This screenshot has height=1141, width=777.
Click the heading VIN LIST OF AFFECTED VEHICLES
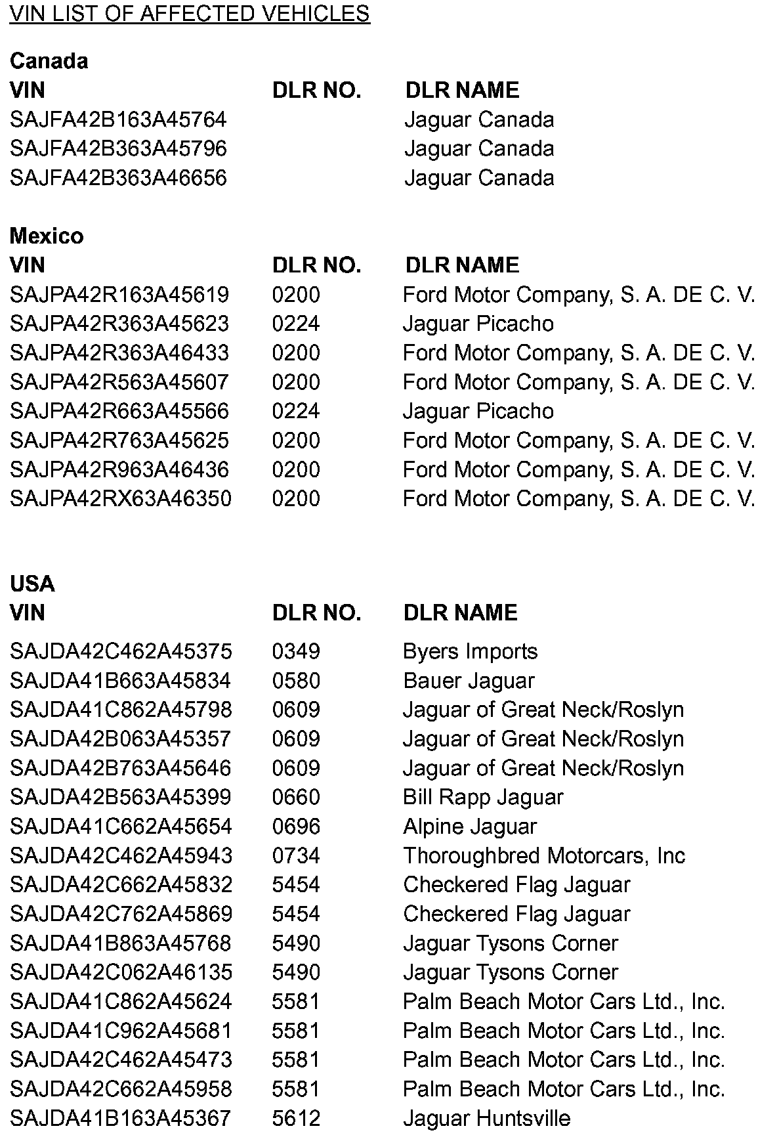click(190, 14)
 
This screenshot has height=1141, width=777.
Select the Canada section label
click(49, 61)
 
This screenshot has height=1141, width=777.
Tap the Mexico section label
click(47, 236)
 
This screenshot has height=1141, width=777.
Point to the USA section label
click(32, 584)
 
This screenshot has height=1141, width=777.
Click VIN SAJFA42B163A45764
click(118, 119)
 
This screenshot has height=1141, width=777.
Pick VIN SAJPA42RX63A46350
click(121, 498)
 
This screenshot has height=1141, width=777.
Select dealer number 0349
click(296, 651)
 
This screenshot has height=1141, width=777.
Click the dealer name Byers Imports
click(470, 651)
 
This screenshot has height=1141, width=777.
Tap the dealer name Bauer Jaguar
click(469, 681)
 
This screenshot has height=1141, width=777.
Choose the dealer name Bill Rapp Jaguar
click(483, 797)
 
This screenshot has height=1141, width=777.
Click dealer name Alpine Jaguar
click(470, 827)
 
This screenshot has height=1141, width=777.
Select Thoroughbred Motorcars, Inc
click(544, 855)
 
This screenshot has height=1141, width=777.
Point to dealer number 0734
click(296, 855)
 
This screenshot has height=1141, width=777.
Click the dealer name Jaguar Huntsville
click(486, 1118)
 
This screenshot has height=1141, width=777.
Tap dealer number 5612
click(296, 1118)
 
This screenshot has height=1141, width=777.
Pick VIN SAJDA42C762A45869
click(121, 914)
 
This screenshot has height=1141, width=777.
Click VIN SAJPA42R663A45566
click(119, 411)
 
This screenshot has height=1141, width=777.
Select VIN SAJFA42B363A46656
click(118, 178)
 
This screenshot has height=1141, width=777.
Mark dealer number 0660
click(296, 797)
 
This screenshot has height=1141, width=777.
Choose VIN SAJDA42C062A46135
click(121, 972)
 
